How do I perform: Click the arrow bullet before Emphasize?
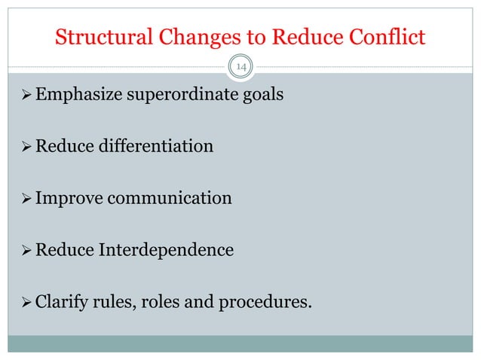(23, 96)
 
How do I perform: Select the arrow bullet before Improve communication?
(23, 200)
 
